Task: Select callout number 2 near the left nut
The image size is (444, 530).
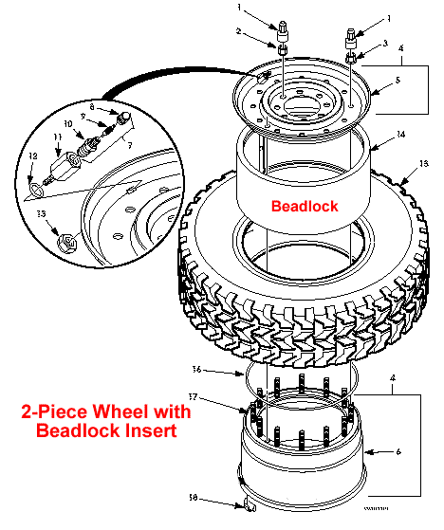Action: (241, 33)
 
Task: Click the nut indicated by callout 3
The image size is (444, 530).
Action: (352, 60)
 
